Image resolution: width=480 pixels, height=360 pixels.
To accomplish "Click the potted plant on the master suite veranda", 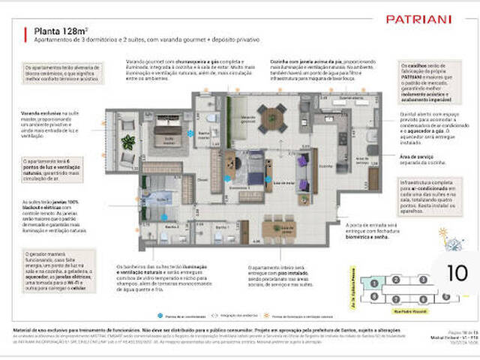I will pos(128,140).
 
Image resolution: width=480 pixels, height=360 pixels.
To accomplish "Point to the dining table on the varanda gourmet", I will pos(271,116).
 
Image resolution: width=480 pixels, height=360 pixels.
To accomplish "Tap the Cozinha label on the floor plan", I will pos(325,166).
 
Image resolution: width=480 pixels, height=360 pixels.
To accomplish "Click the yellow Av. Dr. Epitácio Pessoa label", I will pos(351,286).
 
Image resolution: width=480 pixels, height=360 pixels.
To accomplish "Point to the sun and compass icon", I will pos(452,241).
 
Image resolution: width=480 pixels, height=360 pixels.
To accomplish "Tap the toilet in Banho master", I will pos(211,118).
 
